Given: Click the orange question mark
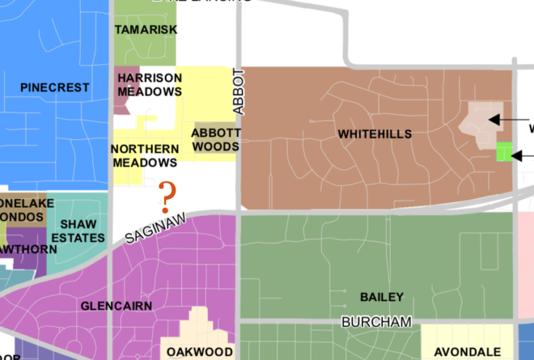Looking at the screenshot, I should tap(166, 197).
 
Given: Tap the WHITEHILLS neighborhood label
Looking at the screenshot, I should tap(375, 134).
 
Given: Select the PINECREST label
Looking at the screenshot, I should tap(55, 88).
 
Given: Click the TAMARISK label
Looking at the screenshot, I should tap(146, 30).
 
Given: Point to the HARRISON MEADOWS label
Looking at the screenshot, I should tap(149, 85).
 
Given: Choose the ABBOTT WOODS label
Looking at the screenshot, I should tap(216, 140).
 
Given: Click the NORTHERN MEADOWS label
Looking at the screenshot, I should tap(145, 156).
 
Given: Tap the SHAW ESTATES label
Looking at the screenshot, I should tap(78, 231).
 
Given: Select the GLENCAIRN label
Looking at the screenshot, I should tap(112, 306).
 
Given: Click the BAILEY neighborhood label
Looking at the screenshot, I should tap(382, 297).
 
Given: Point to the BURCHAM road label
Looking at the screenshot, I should tap(376, 322).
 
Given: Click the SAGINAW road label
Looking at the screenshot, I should tap(156, 229).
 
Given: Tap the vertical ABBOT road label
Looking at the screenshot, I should tap(239, 91).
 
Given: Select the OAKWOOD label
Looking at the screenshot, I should tap(199, 352).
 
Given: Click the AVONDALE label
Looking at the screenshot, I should tap(467, 352).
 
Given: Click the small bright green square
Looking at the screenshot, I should tap(504, 152).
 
